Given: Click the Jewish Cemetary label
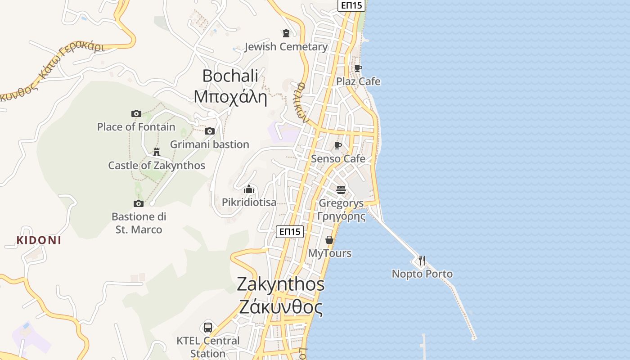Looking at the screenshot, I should click(286, 47).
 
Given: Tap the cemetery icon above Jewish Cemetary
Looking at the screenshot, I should click(286, 33).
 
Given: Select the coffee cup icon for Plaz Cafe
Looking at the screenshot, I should click(358, 68).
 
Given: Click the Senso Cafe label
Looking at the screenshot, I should click(338, 159).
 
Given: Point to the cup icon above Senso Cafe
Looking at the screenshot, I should click(338, 145).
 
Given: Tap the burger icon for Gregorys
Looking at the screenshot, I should click(341, 190).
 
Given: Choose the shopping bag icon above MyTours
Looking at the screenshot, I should click(329, 240).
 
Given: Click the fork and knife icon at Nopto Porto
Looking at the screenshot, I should click(422, 261).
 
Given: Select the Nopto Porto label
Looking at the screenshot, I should click(422, 274).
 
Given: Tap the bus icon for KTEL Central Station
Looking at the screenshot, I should click(208, 328).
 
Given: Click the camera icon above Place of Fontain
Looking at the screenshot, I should click(136, 113).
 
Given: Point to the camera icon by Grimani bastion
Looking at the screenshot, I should click(210, 131).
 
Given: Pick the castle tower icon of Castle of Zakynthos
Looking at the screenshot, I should click(157, 152).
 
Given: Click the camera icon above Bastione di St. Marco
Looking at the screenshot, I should click(139, 203).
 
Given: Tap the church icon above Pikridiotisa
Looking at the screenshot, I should click(249, 189).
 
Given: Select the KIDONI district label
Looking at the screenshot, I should click(39, 240).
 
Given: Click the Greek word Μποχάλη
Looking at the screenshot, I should click(230, 96).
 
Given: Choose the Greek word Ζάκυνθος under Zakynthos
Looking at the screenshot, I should click(281, 307).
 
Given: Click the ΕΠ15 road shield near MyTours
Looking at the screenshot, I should click(290, 232).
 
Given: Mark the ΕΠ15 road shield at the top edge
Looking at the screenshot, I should click(351, 5).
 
